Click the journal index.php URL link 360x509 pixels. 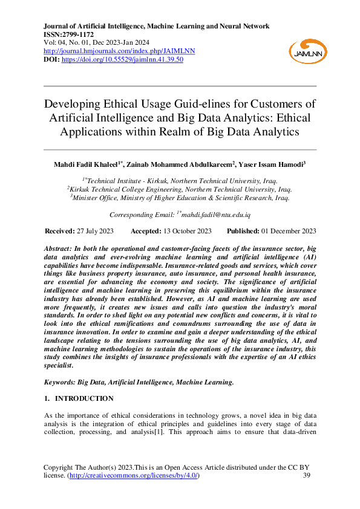tap(113, 51)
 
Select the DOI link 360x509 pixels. tap(123, 59)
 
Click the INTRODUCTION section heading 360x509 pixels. tap(84, 398)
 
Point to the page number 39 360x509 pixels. tap(306, 476)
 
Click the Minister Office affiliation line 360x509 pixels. tap(180, 196)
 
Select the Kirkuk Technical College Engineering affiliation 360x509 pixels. tap(180, 188)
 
